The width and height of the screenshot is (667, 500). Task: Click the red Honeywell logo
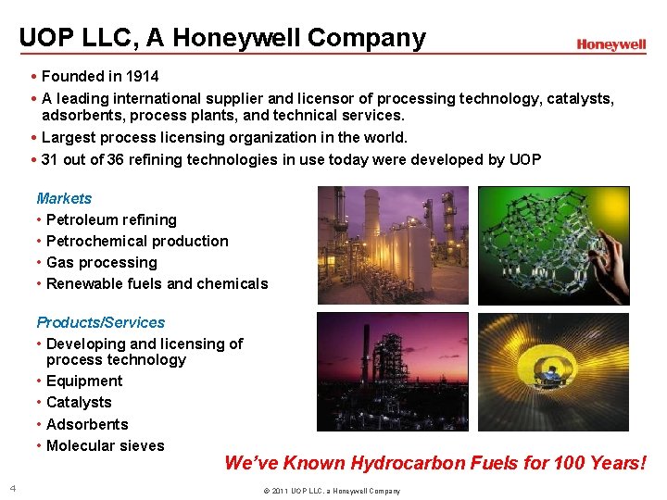610,44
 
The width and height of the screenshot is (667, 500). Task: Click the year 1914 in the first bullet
141,76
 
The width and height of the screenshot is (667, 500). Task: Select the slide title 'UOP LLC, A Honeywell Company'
222,38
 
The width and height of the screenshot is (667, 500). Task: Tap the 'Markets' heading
64,198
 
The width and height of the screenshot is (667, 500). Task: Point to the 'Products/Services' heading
100,322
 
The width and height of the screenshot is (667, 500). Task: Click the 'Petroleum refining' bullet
110,219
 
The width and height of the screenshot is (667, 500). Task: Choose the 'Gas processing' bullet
101,262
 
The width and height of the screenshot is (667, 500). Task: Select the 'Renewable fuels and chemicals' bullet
157,283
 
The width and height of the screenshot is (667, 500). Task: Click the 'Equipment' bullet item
83,381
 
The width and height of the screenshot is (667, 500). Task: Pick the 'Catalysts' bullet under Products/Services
78,402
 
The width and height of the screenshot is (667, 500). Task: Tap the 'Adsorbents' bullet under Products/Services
86,424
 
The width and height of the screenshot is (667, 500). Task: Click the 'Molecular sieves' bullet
105,445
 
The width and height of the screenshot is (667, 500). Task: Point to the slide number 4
12,488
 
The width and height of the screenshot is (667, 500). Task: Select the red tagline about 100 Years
434,462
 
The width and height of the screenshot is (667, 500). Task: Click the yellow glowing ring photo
553,371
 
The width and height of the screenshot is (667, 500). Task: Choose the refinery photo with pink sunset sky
393,371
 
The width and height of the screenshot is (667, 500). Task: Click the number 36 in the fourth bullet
115,159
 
